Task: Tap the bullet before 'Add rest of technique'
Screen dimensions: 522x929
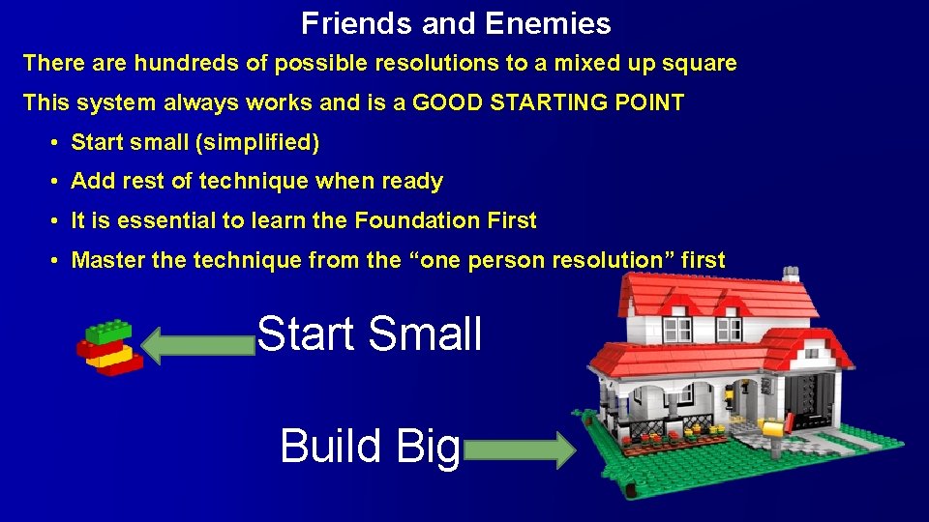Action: pos(57,182)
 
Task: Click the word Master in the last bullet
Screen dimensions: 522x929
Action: pos(104,260)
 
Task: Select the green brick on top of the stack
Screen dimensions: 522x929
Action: pos(108,332)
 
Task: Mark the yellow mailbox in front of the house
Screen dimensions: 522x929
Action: pos(771,428)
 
